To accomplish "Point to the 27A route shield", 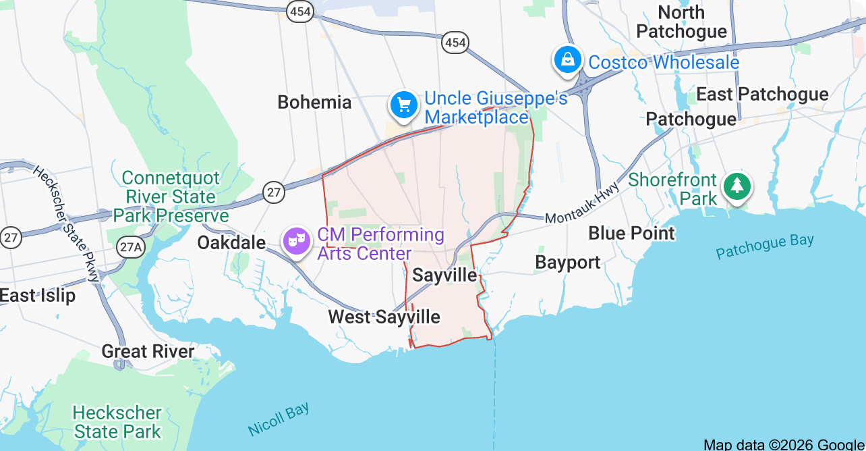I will coord(129,247).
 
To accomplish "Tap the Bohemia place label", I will coord(314,103).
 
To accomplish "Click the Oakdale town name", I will coord(231,242).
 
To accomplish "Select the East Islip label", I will coord(38,296).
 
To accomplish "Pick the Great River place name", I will coord(148,351).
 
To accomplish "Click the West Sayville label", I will coord(384,317).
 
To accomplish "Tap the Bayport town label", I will coord(568,263).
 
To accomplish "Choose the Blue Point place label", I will coord(631,233).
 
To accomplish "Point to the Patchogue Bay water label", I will coord(765,246).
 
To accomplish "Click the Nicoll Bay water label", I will coord(279,419).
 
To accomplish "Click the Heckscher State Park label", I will coord(117,422).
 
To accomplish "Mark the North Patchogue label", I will coord(681,22).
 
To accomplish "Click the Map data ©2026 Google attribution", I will coord(784,444).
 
